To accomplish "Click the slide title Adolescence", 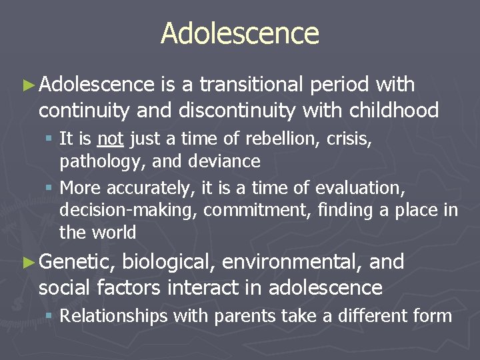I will click(240, 33).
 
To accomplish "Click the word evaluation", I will click(359, 188).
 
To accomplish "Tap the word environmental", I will click(292, 262).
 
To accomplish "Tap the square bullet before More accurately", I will click(51, 188).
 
